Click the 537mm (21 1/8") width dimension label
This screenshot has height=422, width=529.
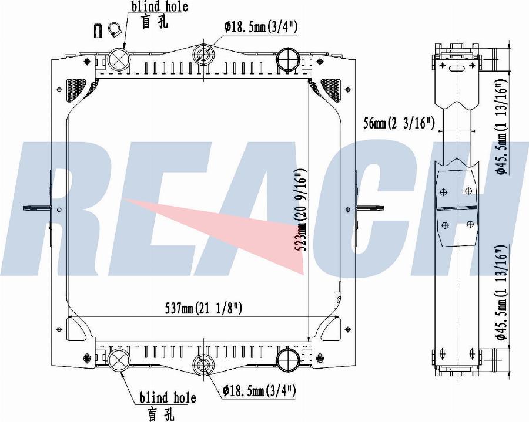tap(203, 308)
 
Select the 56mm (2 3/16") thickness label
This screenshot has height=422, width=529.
tap(399, 124)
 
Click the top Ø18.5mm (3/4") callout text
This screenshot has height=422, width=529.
tap(260, 27)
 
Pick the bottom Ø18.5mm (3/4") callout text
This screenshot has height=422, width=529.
tap(259, 391)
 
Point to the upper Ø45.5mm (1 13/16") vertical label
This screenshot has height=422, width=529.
tap(503, 127)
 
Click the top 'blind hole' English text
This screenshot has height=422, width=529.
tap(159, 6)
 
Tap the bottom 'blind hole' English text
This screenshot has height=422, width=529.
tap(168, 398)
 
